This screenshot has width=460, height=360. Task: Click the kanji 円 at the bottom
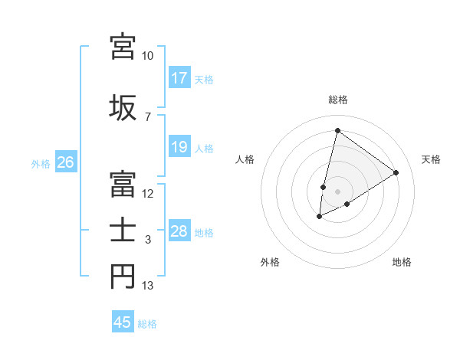pos(123,277)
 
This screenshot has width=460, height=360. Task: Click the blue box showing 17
pos(179,78)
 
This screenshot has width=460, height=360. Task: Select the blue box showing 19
pos(179,147)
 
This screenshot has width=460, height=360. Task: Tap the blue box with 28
pos(179,231)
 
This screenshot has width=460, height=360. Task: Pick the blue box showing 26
pos(65,162)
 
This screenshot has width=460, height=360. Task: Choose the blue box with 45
pos(123,322)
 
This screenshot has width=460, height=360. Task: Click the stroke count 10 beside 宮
pos(148,56)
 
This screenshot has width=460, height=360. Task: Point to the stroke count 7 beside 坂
pos(148,117)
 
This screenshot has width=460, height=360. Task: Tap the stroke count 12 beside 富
pos(148,193)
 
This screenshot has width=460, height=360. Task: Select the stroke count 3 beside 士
pos(148,240)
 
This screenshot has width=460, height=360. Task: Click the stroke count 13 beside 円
pos(148,286)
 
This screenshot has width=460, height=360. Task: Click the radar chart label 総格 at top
pos(337,100)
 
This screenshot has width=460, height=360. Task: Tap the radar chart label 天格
pos(432,159)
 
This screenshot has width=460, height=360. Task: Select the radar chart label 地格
pos(402,262)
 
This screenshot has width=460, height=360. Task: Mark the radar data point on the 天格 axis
pos(396,172)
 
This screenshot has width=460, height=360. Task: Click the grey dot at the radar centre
pos(337,191)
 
